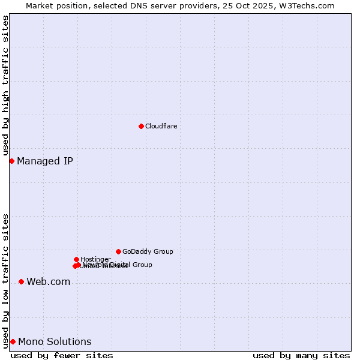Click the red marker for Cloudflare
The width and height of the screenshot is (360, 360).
(x=141, y=126)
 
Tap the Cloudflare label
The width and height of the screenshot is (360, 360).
(x=161, y=126)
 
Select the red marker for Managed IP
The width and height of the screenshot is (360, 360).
(x=11, y=161)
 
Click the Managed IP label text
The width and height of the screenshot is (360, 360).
(x=45, y=161)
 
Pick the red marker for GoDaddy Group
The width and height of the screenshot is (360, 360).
(x=118, y=251)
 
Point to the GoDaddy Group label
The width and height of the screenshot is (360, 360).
(x=148, y=251)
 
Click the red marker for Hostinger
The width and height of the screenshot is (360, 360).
(x=76, y=259)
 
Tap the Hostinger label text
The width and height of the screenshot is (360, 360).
(x=95, y=259)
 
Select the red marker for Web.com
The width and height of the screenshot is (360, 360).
(x=21, y=281)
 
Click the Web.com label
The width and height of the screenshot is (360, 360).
(x=48, y=282)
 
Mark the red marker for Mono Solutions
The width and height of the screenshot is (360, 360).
(x=13, y=341)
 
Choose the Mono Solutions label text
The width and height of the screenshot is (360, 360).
(x=55, y=342)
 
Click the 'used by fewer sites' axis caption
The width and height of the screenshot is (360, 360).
(x=62, y=355)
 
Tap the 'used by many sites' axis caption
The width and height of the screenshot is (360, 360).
(x=301, y=355)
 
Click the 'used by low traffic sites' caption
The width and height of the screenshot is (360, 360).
(x=5, y=280)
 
